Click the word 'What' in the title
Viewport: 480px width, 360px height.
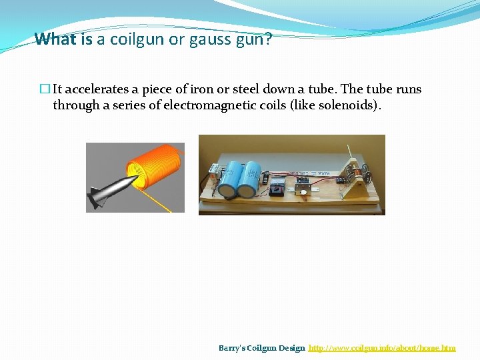(x=55, y=39)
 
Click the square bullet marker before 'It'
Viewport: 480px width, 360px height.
(x=45, y=89)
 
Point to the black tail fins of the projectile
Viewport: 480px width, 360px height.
(x=97, y=198)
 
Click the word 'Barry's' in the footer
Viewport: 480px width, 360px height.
(x=233, y=348)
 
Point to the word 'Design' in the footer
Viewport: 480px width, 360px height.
(x=292, y=348)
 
